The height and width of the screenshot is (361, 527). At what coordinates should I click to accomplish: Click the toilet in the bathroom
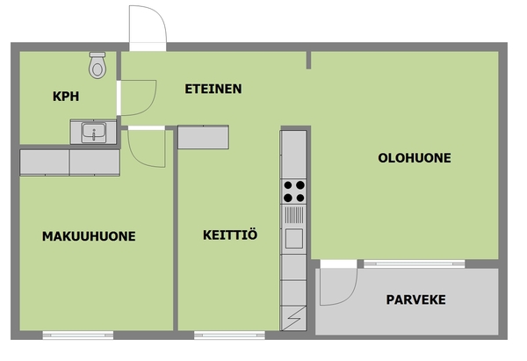coord(97,65)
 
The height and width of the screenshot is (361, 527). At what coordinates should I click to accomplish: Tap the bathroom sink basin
coord(94,132)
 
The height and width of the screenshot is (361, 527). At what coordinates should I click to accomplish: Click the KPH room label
coord(66,97)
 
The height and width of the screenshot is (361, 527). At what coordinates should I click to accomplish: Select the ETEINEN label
coord(213,89)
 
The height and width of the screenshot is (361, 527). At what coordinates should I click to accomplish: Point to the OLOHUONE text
coord(415,158)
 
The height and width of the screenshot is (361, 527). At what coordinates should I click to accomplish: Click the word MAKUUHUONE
coord(89,236)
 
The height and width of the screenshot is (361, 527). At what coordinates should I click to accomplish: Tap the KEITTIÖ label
coord(230,235)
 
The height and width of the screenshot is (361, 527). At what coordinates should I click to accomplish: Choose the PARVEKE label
coord(415,300)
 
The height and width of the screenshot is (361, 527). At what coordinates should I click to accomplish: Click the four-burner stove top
coord(293,191)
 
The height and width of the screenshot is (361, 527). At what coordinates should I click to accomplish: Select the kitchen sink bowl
coord(294,238)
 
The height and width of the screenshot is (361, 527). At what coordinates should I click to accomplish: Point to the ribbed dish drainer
coord(294,215)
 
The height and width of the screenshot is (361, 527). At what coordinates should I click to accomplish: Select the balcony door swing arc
coord(350,296)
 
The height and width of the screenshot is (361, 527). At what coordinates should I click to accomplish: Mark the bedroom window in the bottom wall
coord(78,335)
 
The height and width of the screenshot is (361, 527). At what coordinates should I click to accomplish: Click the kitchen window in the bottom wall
coord(229,335)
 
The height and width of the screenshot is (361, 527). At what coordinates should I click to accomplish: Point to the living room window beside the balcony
coord(414,264)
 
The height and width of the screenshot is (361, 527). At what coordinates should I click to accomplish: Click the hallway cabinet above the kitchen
coord(203,137)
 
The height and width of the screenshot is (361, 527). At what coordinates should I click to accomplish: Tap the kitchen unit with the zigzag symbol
coord(293,318)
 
